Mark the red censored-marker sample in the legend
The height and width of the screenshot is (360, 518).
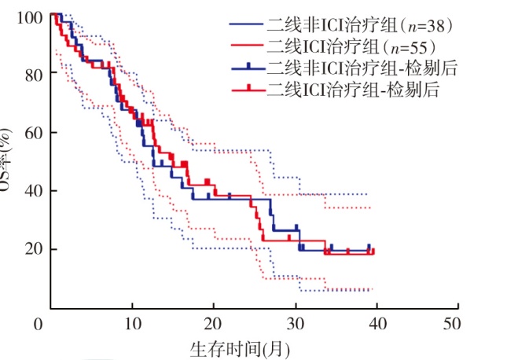[248, 89]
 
